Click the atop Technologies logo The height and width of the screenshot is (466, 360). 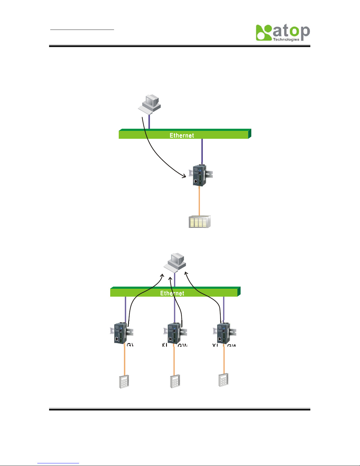click(282, 32)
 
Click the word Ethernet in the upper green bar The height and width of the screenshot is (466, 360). click(182, 135)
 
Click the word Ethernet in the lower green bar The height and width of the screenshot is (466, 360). click(172, 293)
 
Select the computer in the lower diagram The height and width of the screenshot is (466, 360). click(175, 262)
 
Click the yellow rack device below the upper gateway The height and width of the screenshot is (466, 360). click(200, 222)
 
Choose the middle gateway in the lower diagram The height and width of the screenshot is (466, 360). click(174, 333)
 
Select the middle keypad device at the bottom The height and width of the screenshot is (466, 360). click(175, 381)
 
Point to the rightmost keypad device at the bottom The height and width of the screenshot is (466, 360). click(224, 380)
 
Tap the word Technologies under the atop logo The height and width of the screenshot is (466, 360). click(286, 39)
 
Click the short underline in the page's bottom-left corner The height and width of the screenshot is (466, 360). click(58, 463)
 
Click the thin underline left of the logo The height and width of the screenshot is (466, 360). click(82, 30)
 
